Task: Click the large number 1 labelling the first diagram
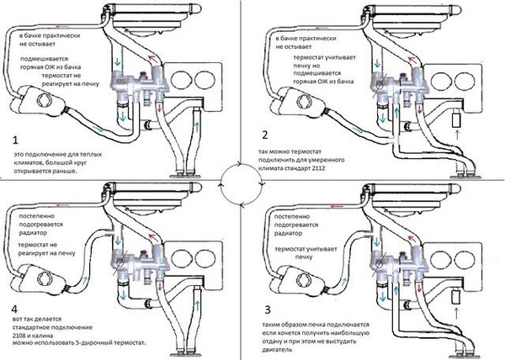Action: coord(16,140)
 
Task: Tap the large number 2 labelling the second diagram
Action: coord(265,135)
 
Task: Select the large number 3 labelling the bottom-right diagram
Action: coord(268,310)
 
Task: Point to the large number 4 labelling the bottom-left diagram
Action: coord(14,310)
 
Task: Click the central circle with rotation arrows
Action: coord(242,184)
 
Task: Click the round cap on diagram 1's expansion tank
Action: coord(44,101)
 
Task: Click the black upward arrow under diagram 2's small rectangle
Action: coord(457,134)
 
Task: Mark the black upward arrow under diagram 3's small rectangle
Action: coord(456,314)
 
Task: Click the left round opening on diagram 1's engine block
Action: coord(179,79)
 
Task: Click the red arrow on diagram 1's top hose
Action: coord(61,27)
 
